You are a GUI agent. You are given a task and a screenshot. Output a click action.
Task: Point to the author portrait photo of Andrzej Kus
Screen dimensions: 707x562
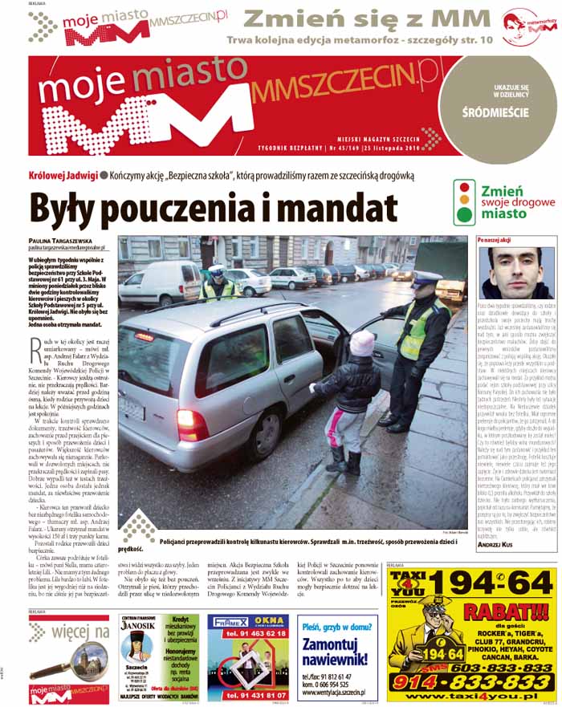pyautogui.click(x=514, y=273)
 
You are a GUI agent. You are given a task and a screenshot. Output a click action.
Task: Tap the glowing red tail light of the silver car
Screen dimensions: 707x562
pyautogui.click(x=193, y=425)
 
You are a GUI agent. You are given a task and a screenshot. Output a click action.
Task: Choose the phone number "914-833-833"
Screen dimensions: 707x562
pyautogui.click(x=484, y=681)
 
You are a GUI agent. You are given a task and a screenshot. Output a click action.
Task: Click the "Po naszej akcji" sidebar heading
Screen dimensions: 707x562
pyautogui.click(x=495, y=239)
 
